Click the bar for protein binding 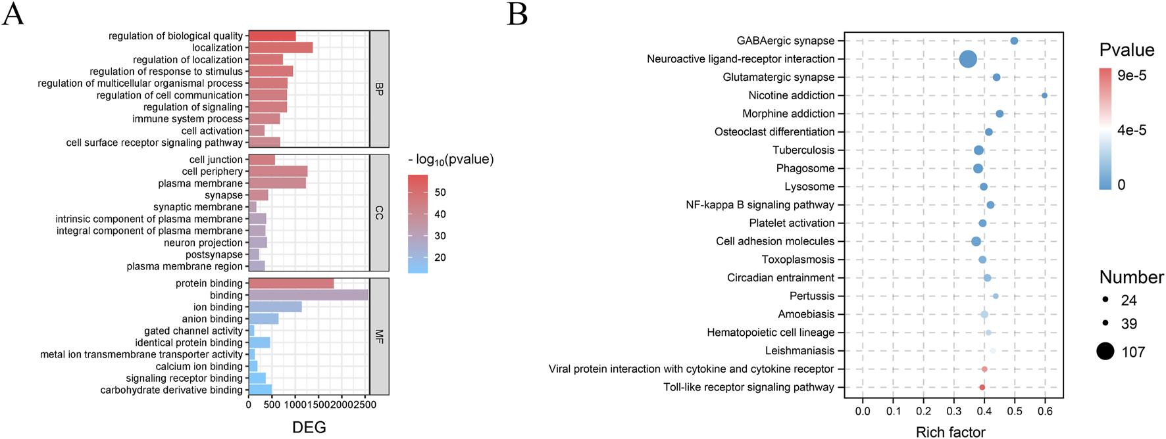tap(291, 283)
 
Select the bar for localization tap(280, 47)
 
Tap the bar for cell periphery tap(278, 172)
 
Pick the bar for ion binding tap(275, 307)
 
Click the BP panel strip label tap(379, 89)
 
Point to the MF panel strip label tap(379, 336)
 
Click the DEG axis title tap(309, 427)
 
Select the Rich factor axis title tap(950, 432)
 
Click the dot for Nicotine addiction tap(1044, 95)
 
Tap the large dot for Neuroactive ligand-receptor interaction tap(968, 59)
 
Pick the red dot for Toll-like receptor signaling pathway tap(982, 388)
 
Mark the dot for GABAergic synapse tap(1014, 41)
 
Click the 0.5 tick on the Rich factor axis tap(1015, 411)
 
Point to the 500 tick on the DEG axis tap(272, 405)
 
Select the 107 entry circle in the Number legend tap(1105, 352)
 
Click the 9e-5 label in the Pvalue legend tap(1132, 76)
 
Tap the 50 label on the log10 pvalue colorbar tap(440, 193)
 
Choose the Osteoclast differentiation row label tap(774, 132)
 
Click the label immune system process tap(188, 119)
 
